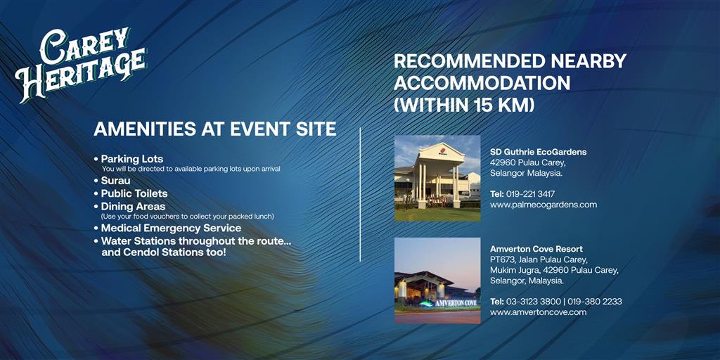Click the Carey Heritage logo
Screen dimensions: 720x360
81,65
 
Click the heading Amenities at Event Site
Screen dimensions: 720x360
215,129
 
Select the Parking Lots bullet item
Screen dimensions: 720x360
131,160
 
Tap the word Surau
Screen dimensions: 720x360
115,181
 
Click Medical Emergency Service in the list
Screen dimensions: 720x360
171,229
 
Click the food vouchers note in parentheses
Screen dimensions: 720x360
187,217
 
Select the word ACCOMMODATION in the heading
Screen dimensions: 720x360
482,83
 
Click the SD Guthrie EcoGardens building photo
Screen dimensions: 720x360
437,178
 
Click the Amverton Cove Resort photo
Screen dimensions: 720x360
437,280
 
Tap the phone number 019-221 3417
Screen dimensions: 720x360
530,194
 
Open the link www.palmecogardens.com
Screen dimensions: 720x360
544,205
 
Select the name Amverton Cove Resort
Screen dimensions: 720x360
536,250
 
